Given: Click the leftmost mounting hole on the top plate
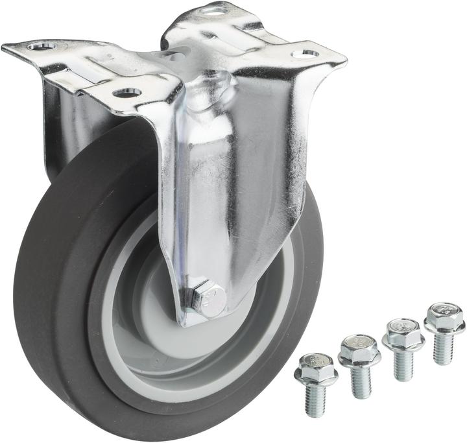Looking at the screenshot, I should (x=40, y=46).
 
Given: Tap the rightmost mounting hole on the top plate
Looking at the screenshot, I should (x=305, y=53).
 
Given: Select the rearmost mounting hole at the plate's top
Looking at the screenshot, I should (x=213, y=9).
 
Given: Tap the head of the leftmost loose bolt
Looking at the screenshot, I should (x=316, y=368).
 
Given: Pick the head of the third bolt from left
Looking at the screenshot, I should (x=403, y=331).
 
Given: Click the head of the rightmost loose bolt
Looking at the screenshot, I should (x=444, y=316).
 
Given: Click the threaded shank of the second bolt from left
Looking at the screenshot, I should (x=361, y=381).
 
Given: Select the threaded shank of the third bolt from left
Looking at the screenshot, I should (x=403, y=363).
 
